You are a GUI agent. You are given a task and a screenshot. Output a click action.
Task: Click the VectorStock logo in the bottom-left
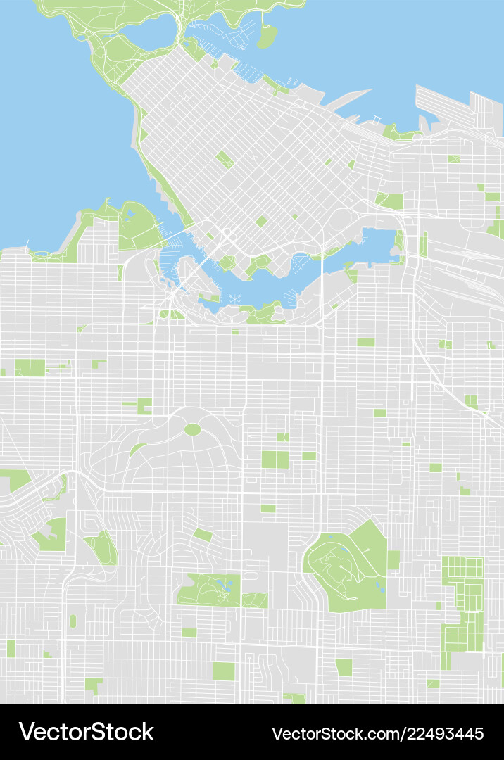[86, 732]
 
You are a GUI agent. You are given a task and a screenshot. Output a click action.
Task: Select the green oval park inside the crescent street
[192, 429]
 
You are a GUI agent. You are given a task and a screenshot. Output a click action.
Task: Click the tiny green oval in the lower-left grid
[73, 621]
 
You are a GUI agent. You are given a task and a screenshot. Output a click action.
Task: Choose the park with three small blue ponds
[210, 590]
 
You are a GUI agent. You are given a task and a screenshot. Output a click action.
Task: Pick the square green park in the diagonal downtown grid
[225, 159]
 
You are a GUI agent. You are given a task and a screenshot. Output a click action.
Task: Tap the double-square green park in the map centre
[275, 460]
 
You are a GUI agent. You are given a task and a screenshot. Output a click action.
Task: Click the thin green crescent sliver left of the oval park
[137, 449]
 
